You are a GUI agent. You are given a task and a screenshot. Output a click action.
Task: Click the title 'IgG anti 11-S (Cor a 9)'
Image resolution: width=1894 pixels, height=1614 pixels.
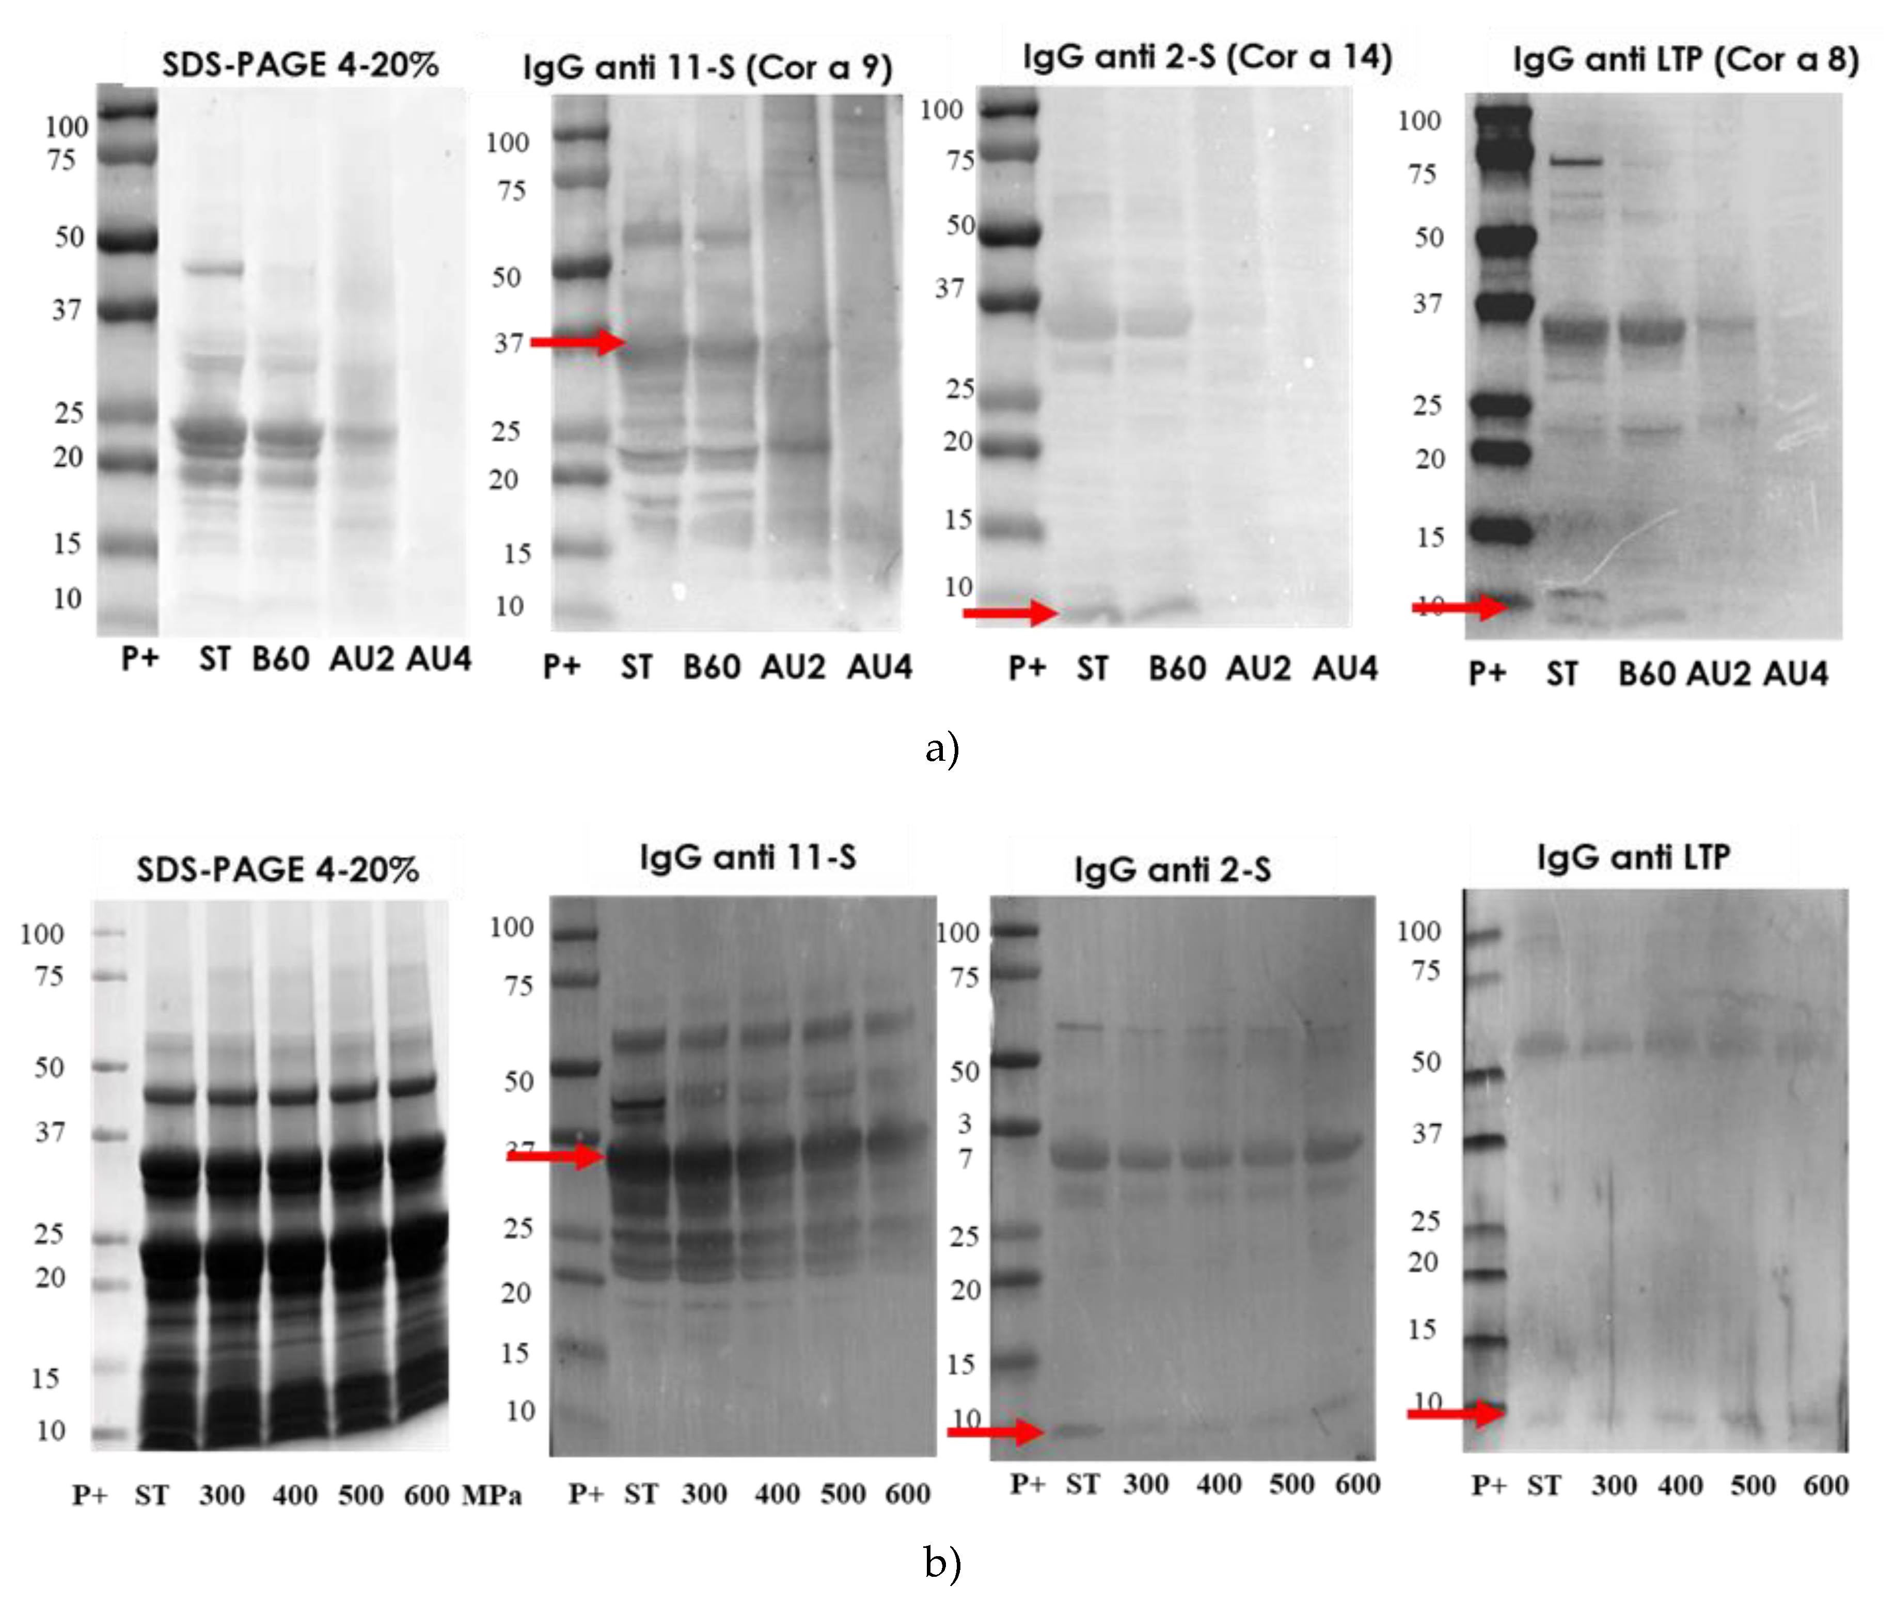point(707,67)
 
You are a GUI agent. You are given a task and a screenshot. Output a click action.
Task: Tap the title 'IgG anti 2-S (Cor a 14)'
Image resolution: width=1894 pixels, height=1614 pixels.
point(1207,57)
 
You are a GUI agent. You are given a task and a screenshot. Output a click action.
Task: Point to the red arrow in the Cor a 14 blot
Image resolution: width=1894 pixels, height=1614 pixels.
point(1010,612)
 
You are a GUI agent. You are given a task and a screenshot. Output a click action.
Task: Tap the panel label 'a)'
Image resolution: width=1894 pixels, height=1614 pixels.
point(941,748)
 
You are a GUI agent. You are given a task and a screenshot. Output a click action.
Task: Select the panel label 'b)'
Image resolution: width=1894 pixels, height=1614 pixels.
point(941,1562)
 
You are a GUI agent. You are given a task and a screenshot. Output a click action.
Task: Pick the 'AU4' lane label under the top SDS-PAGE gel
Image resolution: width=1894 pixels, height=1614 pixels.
point(439,659)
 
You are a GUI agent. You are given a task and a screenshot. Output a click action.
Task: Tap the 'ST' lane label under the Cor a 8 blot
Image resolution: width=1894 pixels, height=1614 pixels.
point(1562,674)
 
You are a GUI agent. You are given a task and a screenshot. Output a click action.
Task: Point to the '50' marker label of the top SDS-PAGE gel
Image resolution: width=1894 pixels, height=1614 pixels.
point(70,237)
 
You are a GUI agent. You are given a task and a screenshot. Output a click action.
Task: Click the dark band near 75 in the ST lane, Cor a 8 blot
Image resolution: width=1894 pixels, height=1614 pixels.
point(1576,162)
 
